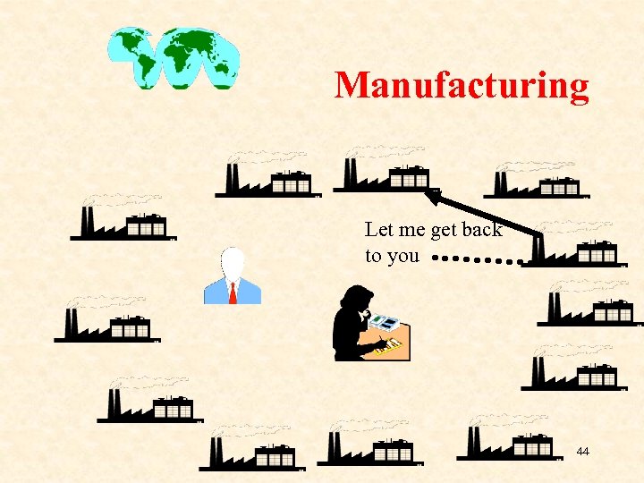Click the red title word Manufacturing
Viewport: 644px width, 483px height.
tap(462, 86)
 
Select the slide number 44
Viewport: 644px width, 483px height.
tap(582, 452)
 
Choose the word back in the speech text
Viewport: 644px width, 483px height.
tap(482, 230)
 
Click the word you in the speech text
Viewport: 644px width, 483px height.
tap(403, 257)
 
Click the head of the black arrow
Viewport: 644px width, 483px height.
tap(432, 193)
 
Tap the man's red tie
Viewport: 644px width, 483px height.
tap(233, 292)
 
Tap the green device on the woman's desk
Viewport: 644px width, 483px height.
tap(386, 320)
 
